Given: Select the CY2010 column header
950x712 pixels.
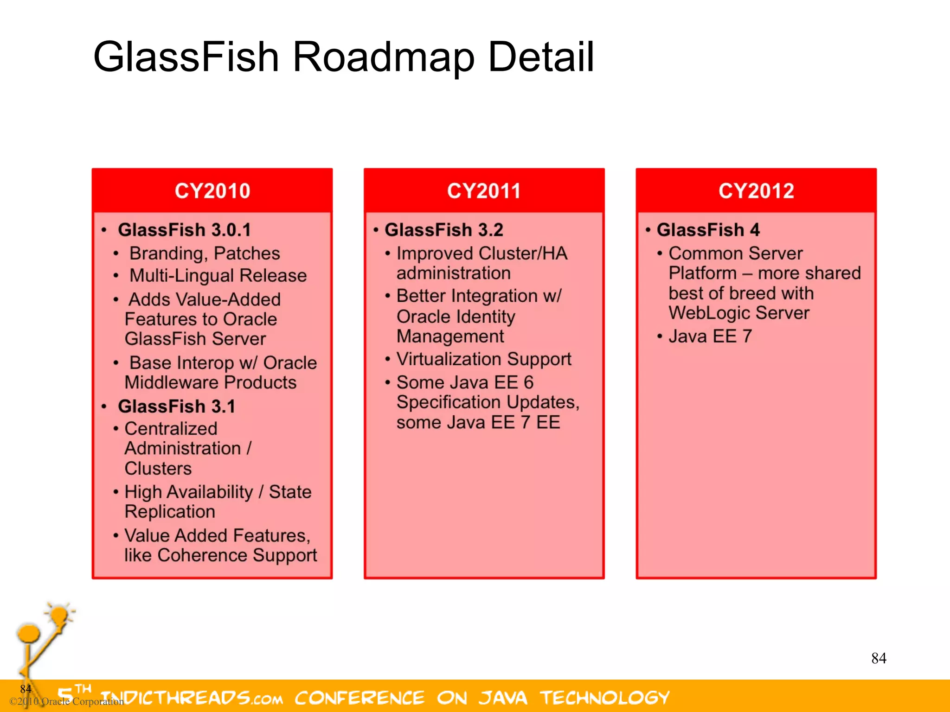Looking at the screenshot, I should click(212, 191).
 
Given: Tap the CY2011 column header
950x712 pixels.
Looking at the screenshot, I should click(484, 191).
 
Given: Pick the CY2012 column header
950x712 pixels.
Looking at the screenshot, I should click(756, 191).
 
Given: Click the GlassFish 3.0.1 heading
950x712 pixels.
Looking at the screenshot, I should click(184, 230).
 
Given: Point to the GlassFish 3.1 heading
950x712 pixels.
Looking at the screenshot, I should click(176, 407).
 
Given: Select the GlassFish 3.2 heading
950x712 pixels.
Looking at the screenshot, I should click(443, 230).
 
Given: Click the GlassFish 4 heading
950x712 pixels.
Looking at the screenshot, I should click(708, 230).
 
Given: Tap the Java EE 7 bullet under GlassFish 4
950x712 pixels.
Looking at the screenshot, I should click(710, 337).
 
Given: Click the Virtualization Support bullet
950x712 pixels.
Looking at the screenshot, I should click(484, 359).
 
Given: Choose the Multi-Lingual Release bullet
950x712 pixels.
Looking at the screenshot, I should click(218, 276).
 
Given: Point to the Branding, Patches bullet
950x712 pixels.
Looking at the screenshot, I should click(205, 254).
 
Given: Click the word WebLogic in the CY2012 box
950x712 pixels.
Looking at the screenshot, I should click(708, 313).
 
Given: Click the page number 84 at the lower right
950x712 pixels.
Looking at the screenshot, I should click(879, 658).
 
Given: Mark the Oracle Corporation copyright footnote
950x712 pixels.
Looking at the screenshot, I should click(67, 701).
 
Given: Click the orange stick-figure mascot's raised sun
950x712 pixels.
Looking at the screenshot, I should click(59, 615).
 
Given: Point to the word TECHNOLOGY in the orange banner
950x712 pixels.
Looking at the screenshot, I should click(605, 698).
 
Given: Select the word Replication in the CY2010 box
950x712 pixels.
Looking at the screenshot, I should click(170, 512).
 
